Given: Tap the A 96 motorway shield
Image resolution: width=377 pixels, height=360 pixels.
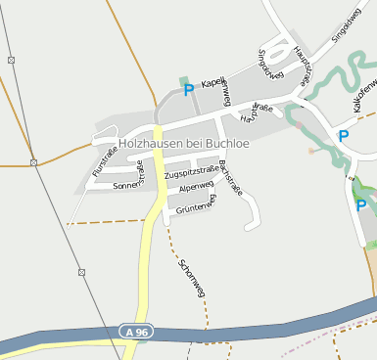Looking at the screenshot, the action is [137, 333].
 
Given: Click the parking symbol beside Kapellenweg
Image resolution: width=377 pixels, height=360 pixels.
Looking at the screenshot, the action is [188, 90].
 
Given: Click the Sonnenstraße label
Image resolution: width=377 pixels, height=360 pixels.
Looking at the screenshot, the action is [130, 183].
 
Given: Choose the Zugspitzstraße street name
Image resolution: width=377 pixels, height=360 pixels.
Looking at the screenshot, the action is [192, 172].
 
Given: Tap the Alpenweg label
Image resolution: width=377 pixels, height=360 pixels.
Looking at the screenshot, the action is [195, 186].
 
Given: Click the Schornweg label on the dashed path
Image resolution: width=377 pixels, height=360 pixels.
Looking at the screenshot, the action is [191, 278].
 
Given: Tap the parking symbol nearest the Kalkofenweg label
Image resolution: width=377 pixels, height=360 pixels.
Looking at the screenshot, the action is [343, 136].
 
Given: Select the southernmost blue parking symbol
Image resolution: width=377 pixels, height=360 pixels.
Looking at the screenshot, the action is [360, 205].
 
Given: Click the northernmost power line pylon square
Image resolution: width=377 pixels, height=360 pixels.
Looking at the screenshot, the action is [11, 60].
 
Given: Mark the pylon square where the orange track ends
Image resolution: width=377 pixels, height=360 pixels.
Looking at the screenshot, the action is [32, 162].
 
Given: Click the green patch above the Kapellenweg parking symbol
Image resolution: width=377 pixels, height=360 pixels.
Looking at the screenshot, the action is [182, 79].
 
